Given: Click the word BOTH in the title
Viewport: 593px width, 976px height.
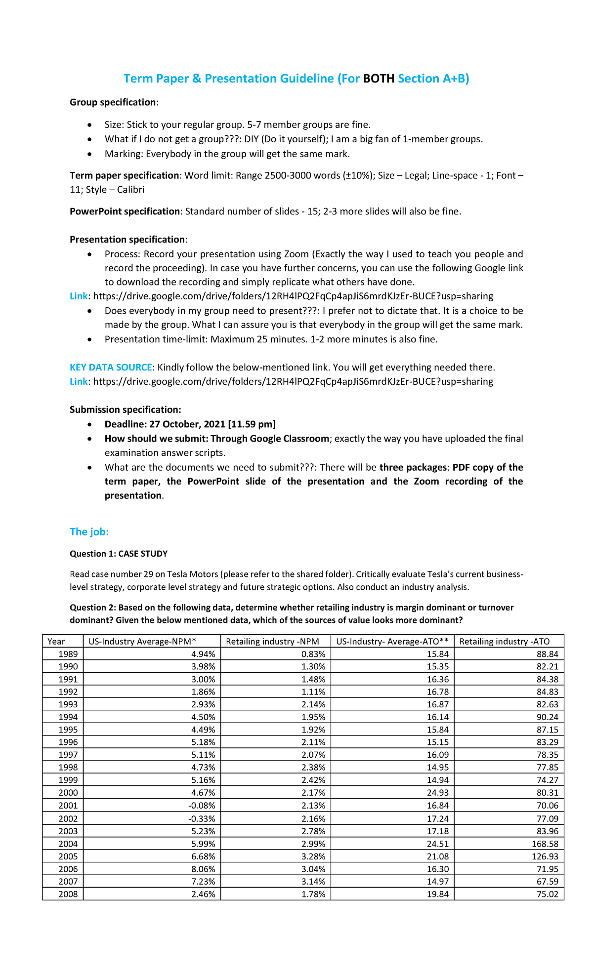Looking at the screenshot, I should (379, 79).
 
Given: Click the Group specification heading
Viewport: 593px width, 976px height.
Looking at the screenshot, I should (113, 102).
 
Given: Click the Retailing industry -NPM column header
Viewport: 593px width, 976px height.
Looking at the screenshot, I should (272, 641).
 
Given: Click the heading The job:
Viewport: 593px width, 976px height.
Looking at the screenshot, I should (89, 531).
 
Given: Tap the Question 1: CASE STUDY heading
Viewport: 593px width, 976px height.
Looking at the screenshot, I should (119, 554).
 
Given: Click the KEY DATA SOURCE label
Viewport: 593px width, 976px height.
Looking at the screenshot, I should (111, 367).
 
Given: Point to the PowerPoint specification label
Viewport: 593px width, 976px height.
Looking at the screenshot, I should (125, 211).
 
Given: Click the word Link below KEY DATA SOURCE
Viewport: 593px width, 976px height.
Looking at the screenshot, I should (79, 381).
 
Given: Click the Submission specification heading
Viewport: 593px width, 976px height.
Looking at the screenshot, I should (125, 409).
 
